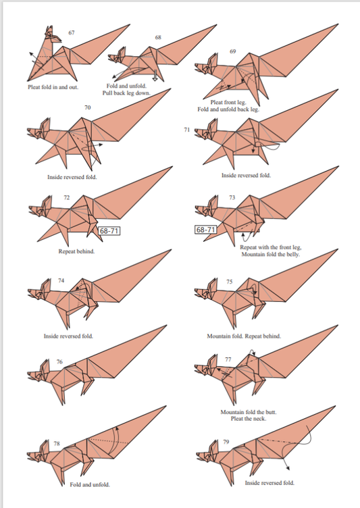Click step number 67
pos(72,32)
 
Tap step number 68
pos(158,37)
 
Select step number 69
pos(233,51)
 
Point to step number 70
pos(88,107)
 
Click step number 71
pos(186,130)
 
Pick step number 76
pos(59,361)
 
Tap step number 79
pos(226,442)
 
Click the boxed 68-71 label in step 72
pos(109,230)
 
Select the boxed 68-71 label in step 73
pos(205,230)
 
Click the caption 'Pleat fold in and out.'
pos(53,87)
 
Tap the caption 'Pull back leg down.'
pos(127,93)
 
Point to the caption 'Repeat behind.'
pos(76,251)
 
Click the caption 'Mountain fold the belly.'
pos(271,254)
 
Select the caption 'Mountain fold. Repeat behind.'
pos(244,336)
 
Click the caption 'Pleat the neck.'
pos(249,419)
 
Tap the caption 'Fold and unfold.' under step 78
pos(90,484)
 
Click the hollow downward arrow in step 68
pos(155,76)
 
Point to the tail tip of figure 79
pos(336,405)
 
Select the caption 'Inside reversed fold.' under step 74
pos(68,336)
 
